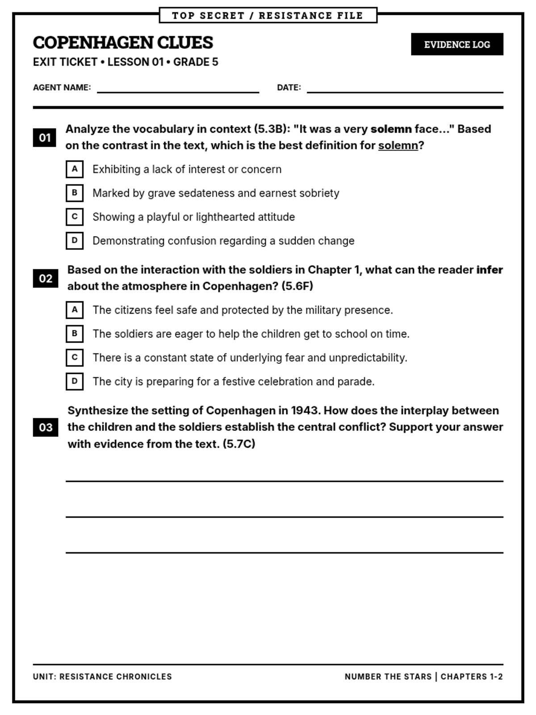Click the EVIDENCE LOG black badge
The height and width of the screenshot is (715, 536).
457,44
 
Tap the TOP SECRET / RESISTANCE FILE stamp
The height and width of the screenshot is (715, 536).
268,15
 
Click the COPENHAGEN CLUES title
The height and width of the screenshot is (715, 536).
123,42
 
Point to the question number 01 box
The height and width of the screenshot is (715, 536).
45,137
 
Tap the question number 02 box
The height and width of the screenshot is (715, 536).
46,278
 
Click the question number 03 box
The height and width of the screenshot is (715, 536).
46,427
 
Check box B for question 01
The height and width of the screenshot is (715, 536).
75,193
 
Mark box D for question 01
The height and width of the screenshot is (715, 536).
75,240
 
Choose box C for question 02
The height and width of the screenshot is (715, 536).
75,357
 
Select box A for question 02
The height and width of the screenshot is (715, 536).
75,310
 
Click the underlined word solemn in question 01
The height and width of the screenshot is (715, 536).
398,146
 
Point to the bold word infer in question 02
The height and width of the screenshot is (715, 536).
490,270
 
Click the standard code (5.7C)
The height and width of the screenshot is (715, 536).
239,444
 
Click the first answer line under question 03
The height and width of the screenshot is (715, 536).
284,480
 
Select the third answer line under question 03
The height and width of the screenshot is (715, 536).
284,552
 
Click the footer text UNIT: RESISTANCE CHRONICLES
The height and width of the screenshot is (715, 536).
102,677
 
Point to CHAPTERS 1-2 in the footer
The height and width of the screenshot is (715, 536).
472,677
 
